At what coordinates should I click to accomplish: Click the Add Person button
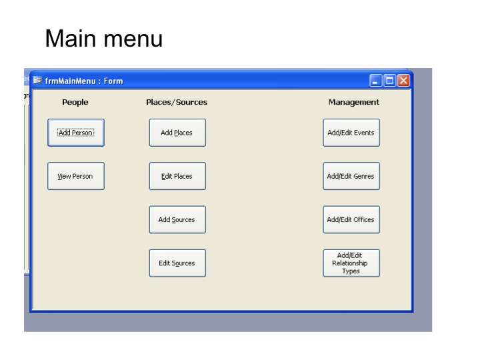point(76,133)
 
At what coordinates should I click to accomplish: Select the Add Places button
point(177,133)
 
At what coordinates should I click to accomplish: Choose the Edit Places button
point(177,176)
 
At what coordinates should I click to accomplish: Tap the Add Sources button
point(177,219)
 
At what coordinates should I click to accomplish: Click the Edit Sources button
point(177,263)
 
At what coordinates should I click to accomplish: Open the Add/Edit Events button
point(351,133)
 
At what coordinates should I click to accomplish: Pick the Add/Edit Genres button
point(351,176)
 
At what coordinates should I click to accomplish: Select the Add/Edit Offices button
point(351,219)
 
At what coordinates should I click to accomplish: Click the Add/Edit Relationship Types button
point(351,263)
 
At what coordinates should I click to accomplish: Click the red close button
point(403,81)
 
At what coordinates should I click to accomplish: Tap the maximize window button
point(390,81)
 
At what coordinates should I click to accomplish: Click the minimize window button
point(375,81)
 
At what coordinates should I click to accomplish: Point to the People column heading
point(75,102)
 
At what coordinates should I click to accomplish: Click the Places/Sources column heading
point(177,102)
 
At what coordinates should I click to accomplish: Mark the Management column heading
point(354,103)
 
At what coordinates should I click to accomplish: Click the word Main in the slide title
point(71,38)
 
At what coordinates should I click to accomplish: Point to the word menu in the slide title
point(133,40)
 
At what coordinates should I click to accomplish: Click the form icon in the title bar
point(37,80)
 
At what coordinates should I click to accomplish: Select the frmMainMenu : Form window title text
point(84,81)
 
